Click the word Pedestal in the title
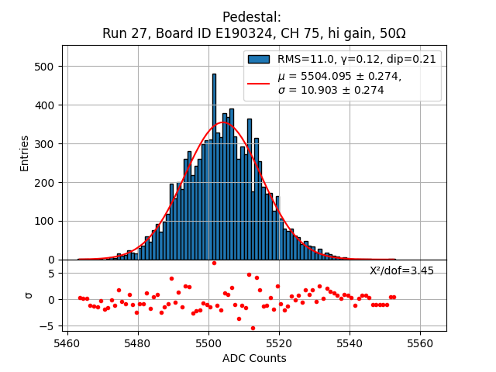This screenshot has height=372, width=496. pyautogui.click(x=251, y=17)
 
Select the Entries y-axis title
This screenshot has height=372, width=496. pyautogui.click(x=25, y=153)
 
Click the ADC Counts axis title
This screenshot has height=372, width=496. pyautogui.click(x=254, y=358)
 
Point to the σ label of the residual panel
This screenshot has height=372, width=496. pyautogui.click(x=29, y=295)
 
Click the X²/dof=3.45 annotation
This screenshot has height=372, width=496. pyautogui.click(x=401, y=271)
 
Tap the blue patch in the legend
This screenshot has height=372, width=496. pyautogui.click(x=258, y=59)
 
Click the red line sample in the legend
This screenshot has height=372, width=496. pyautogui.click(x=258, y=83)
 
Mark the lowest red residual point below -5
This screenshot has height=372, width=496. pyautogui.click(x=253, y=328)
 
